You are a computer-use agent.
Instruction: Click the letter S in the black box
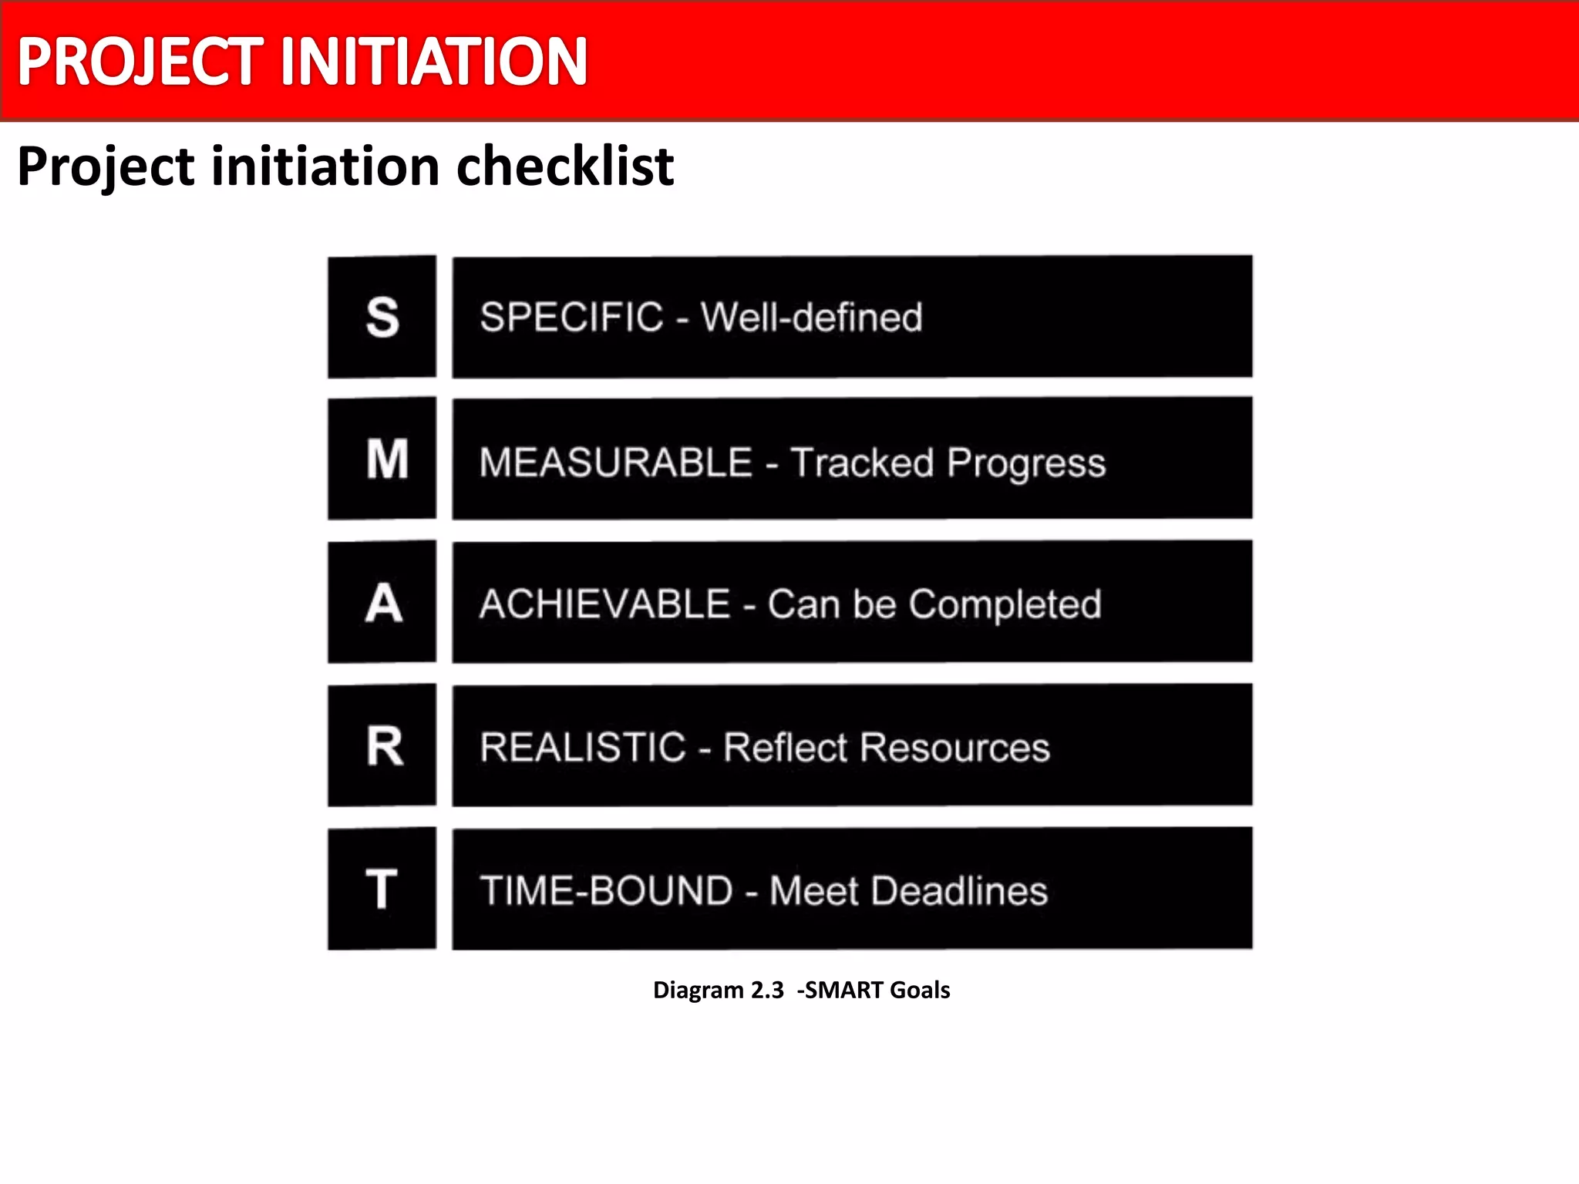pos(382,318)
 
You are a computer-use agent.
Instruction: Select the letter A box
pos(384,603)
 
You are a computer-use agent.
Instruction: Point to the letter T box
pos(382,889)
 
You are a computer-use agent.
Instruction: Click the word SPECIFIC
pos(571,318)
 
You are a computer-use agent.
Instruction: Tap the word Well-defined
pos(811,318)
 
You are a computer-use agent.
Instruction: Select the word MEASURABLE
pos(615,462)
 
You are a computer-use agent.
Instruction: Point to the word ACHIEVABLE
pos(604,604)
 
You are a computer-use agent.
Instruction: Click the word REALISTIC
pos(583,748)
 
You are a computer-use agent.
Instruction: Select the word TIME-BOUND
pos(606,891)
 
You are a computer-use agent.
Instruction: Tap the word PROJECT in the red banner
pos(141,62)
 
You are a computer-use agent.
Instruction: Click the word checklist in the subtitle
pos(565,166)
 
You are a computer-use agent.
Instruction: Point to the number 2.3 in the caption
pos(767,990)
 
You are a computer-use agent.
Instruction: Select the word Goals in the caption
pos(920,990)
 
